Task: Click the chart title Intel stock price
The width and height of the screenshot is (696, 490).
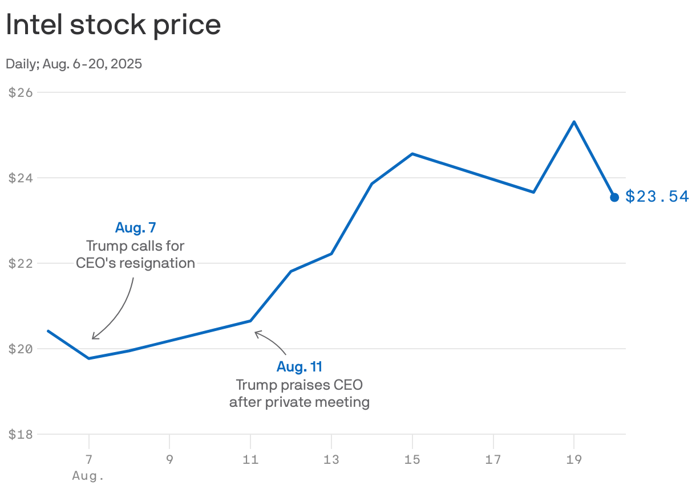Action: [x=113, y=26]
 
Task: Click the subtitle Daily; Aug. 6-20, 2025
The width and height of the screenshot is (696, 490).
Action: [x=74, y=64]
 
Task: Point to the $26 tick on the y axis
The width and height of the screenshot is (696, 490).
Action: [x=21, y=92]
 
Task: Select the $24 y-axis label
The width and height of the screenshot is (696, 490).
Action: [x=21, y=178]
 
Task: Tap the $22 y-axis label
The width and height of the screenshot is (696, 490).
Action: [x=21, y=263]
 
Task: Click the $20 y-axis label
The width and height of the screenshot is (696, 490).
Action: [x=21, y=349]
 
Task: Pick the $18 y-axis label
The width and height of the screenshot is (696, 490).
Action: [x=21, y=434]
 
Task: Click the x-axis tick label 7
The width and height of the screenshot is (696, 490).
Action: [x=89, y=459]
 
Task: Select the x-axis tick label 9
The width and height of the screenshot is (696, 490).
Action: [x=169, y=459]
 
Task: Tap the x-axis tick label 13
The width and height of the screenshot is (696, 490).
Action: [x=331, y=459]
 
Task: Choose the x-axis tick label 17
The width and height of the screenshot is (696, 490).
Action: [x=493, y=459]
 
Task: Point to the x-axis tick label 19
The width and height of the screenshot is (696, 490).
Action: [x=573, y=459]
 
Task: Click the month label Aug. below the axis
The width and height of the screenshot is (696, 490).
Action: [x=89, y=475]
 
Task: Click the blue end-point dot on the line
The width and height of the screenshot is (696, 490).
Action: [x=614, y=197]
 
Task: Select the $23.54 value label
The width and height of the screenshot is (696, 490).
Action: [x=657, y=197]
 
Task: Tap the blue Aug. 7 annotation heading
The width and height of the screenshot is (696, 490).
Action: [x=135, y=228]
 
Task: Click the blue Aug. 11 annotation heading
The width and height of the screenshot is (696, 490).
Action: [x=299, y=366]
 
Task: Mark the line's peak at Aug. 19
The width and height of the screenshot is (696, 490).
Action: [x=574, y=121]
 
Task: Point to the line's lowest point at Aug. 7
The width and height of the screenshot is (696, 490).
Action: [x=89, y=358]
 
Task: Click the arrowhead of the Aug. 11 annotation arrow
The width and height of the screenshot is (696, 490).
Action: [x=256, y=332]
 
